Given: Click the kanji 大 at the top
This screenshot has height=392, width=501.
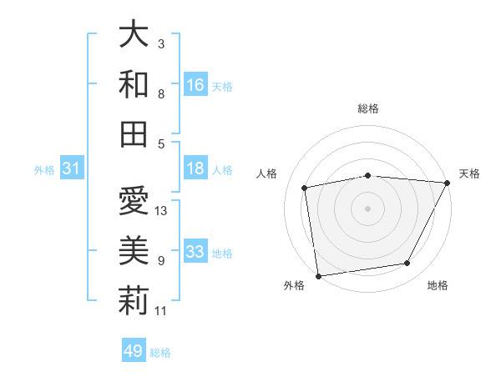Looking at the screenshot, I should [134, 34].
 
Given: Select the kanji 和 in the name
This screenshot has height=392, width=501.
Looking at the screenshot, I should [134, 84].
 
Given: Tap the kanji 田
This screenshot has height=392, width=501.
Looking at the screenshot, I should [134, 133].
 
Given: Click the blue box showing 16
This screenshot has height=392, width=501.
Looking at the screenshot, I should [195, 84].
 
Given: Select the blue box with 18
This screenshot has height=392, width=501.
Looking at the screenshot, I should [195, 168].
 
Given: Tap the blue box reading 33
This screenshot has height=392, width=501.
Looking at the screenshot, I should [195, 252].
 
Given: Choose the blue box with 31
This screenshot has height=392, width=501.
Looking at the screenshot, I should [71, 168].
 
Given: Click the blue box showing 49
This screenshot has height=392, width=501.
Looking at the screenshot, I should [134, 351].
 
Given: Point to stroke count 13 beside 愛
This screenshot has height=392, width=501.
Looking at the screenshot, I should [162, 210].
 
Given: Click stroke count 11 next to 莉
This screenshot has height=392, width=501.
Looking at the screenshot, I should [161, 311].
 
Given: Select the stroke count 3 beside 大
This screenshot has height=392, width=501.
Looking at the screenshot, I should [160, 43].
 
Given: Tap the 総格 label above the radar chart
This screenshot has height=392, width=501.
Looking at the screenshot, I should [368, 108].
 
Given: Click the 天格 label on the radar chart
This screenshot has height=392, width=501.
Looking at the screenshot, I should [469, 173].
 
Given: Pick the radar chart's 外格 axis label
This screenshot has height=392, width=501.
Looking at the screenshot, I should [294, 285].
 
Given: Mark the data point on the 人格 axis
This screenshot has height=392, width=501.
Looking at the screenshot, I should [305, 188].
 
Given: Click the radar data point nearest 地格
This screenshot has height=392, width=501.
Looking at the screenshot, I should [407, 264].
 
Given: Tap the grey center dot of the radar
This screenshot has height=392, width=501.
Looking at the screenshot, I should [368, 208].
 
